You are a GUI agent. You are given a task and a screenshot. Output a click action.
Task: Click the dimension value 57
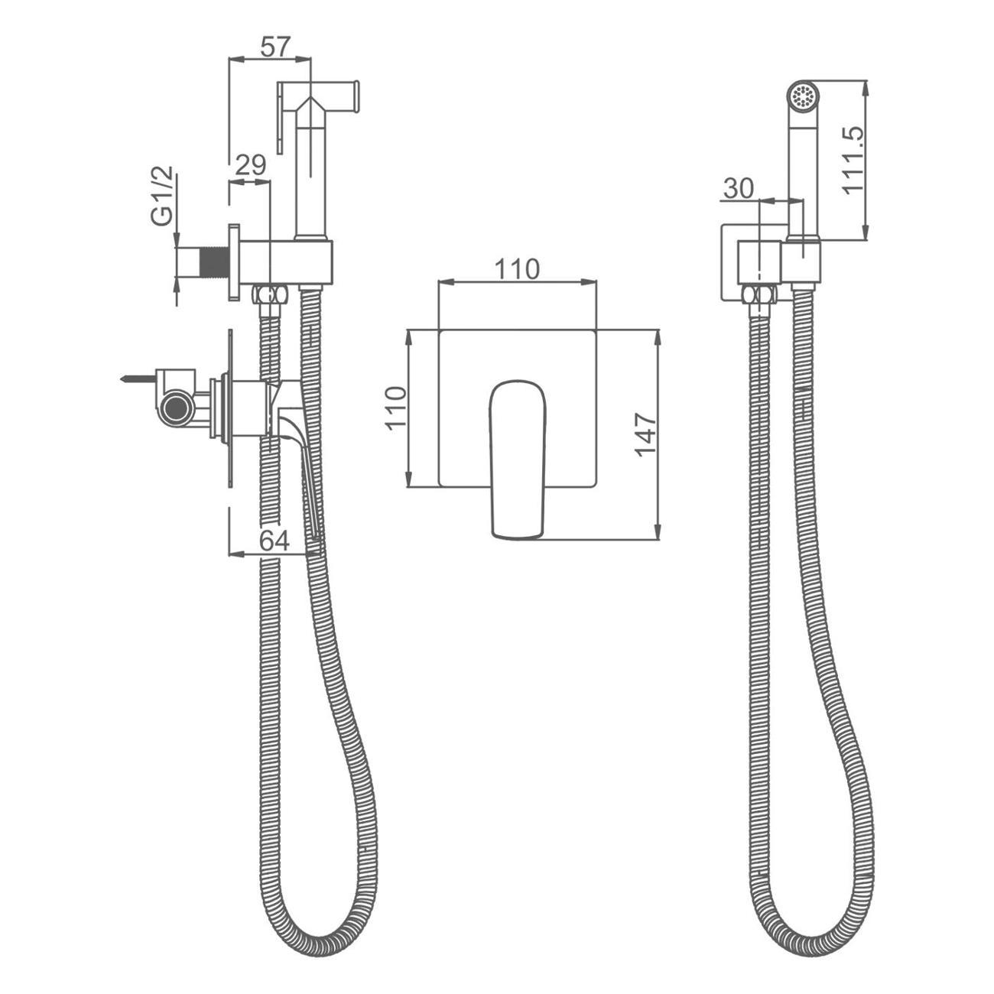point(276,47)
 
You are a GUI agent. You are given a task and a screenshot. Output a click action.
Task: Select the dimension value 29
point(251,166)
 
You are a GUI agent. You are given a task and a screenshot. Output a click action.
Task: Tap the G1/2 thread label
point(162,196)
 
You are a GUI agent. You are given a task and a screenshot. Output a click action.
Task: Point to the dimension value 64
point(274,541)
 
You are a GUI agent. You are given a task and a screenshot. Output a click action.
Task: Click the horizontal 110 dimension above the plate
point(517,269)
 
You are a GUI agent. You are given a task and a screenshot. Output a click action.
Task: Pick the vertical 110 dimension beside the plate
point(397,408)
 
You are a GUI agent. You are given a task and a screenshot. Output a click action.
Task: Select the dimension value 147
point(645,434)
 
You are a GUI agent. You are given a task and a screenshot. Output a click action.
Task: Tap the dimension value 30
point(738,189)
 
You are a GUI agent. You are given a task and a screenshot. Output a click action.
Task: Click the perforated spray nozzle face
point(803,96)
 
